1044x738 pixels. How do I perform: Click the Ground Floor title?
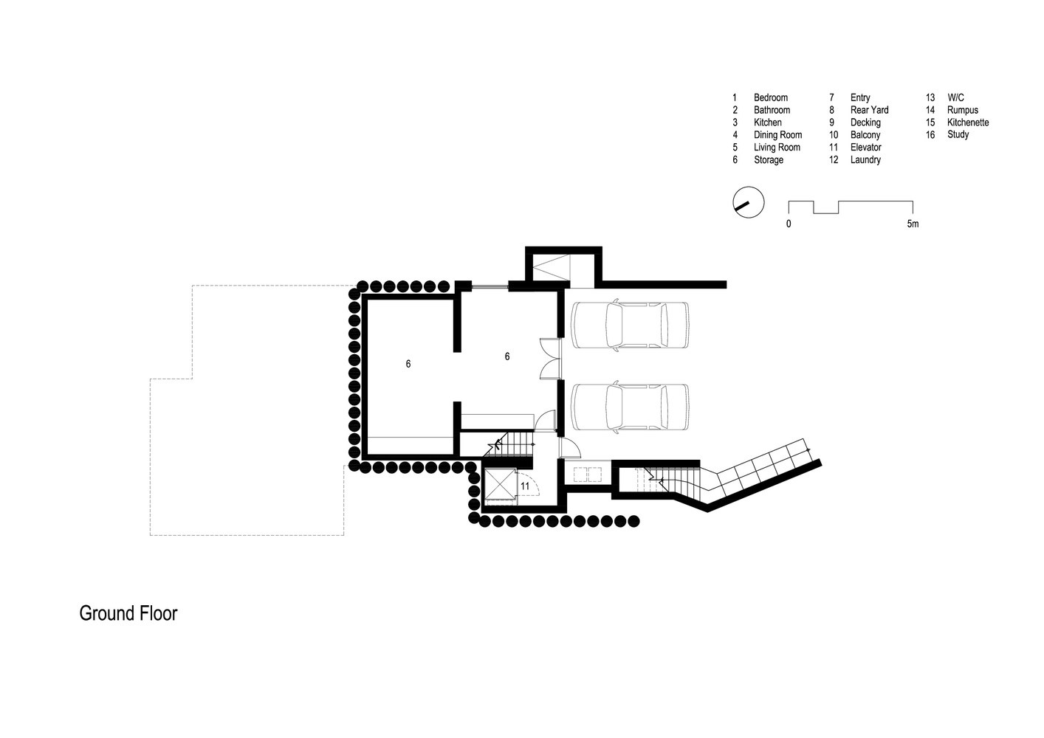point(128,613)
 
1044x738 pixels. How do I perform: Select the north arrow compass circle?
point(748,202)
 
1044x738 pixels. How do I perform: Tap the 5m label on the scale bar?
point(913,224)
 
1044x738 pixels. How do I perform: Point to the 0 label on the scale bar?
point(789,224)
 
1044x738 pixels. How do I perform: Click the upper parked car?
point(630,325)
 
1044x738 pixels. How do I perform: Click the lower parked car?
point(630,407)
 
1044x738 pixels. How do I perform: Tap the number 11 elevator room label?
point(525,486)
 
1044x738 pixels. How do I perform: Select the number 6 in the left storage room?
point(408,364)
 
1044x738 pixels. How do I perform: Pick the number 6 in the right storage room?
point(507,356)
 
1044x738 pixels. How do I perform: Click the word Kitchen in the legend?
point(767,123)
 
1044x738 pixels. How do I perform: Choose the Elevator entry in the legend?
point(865,148)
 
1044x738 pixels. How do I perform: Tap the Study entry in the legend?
point(958,135)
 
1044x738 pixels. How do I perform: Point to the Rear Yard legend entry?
point(869,110)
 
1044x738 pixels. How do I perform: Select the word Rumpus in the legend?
point(962,110)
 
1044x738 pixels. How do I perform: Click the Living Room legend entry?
point(777,148)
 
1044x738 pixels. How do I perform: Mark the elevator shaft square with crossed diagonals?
point(499,484)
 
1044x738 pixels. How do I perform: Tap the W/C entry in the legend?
point(955,97)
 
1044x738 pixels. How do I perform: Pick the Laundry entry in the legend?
point(865,160)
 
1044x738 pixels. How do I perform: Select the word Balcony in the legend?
point(865,135)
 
